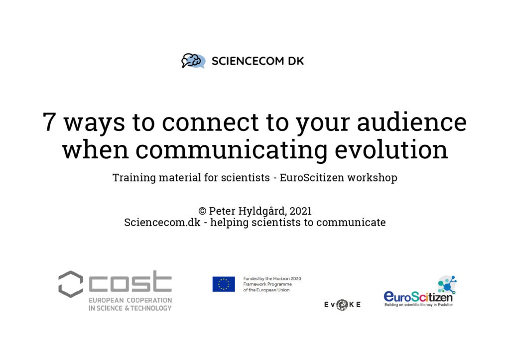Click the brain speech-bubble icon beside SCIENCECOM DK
coord(193,61)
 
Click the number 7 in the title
coord(49,122)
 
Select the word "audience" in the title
coord(412,122)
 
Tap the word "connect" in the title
coord(210,122)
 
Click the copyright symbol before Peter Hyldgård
coord(202,211)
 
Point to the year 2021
coord(300,211)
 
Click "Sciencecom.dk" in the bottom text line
coord(162,223)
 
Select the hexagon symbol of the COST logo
coord(71,284)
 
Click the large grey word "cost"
coord(130,281)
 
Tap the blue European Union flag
coord(224,284)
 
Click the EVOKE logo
coord(343,305)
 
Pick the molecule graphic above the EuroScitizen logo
coord(447,284)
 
